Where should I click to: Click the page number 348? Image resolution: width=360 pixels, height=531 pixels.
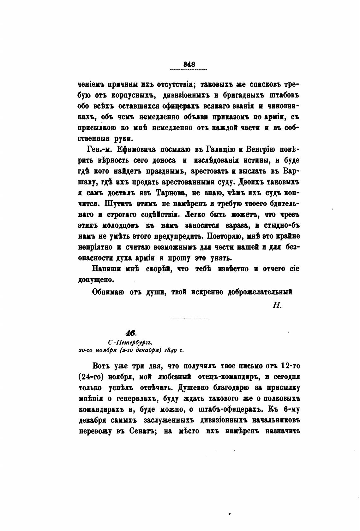[x=188, y=63]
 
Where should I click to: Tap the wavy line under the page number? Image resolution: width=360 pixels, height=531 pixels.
[x=188, y=68]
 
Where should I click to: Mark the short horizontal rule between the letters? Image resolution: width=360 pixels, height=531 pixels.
[x=189, y=318]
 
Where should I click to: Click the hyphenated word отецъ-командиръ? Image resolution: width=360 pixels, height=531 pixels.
[x=221, y=377]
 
